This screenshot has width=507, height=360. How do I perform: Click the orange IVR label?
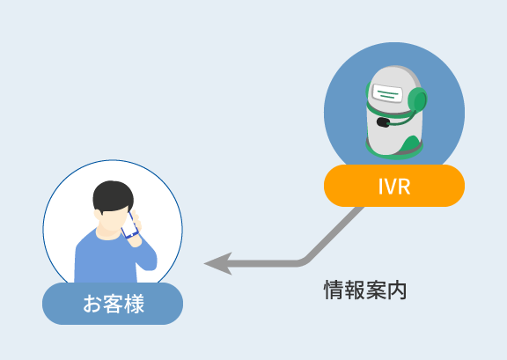click(394, 186)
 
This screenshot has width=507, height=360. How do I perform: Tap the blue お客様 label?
click(113, 304)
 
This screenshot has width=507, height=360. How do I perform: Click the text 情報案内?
click(365, 290)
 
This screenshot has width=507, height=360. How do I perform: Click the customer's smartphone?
click(129, 225)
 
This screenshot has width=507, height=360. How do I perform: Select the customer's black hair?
click(113, 196)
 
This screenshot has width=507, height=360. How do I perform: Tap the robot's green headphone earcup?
click(417, 100)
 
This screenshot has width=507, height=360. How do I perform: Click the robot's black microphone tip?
click(383, 122)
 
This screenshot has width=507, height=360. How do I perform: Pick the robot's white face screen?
click(387, 93)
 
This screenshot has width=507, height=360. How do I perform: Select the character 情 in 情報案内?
click(334, 290)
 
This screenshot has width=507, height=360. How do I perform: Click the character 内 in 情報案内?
click(397, 290)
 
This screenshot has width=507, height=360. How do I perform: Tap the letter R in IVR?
click(404, 187)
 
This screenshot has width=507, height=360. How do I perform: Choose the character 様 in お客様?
click(134, 304)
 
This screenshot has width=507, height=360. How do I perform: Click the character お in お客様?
click(92, 304)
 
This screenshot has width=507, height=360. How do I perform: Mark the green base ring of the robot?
click(394, 151)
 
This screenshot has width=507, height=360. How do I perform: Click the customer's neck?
click(108, 233)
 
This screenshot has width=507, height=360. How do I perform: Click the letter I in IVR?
click(380, 187)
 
